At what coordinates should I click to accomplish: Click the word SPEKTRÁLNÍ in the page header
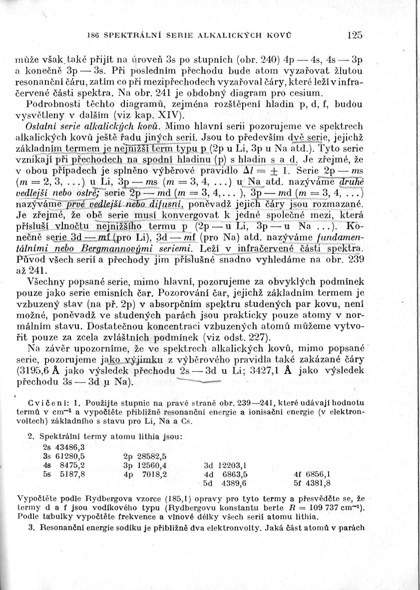[x=126, y=36]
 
